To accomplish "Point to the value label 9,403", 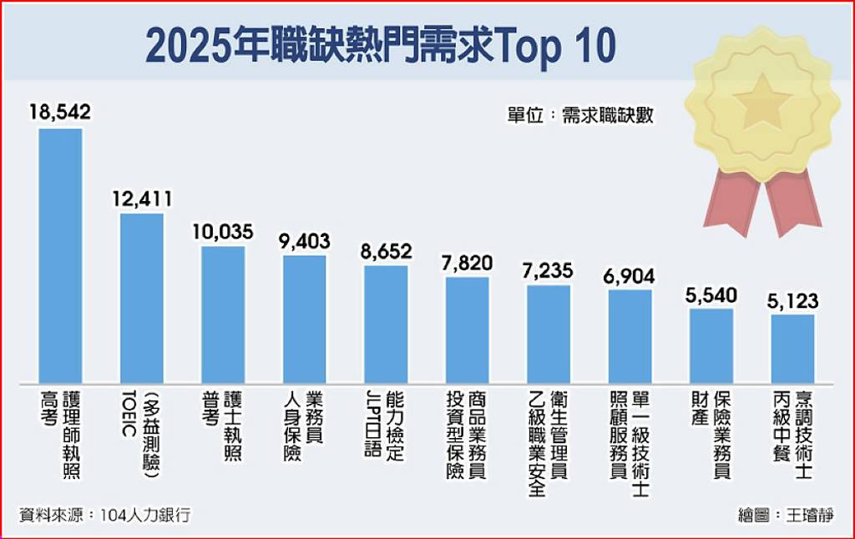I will pyautogui.click(x=304, y=241).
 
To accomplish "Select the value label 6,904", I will pyautogui.click(x=630, y=276).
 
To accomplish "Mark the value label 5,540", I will pyautogui.click(x=711, y=295).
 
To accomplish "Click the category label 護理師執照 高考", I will pyautogui.click(x=61, y=434).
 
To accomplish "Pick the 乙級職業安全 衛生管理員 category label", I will pyautogui.click(x=549, y=440).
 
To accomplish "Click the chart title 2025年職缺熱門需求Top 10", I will pyautogui.click(x=380, y=45).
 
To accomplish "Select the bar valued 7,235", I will pyautogui.click(x=549, y=333).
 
